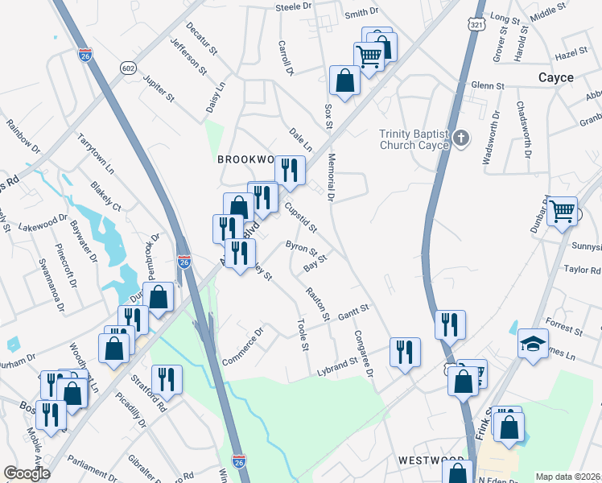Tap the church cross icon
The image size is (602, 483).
(460, 138)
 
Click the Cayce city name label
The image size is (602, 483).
(556, 78)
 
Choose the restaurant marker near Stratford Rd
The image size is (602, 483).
(167, 379)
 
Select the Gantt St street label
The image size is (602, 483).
(353, 310)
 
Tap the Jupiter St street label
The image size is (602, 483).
(159, 89)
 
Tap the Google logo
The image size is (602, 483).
(27, 473)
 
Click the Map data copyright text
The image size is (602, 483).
(568, 477)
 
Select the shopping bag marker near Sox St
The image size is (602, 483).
(344, 81)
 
